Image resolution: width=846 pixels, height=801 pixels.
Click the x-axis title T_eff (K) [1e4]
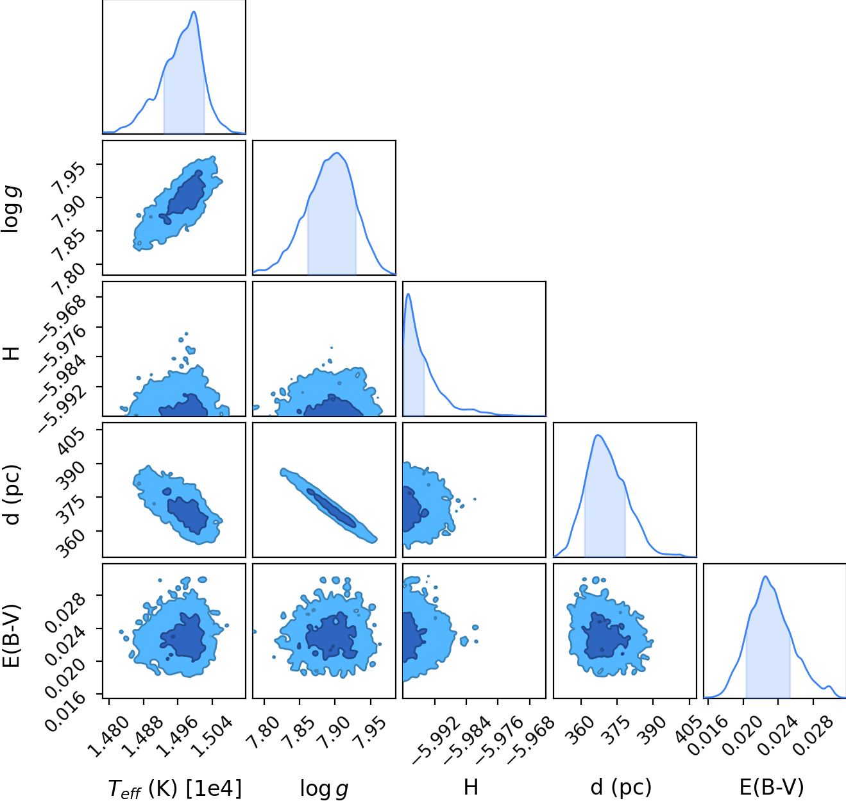[174, 789]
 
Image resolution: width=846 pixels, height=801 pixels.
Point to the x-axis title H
[471, 788]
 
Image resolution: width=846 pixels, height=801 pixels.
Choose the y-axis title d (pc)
[11, 494]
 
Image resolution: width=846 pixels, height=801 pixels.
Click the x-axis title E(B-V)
[772, 788]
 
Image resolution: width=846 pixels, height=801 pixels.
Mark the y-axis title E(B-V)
[11, 636]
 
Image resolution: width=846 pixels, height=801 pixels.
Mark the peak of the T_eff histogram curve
[194, 12]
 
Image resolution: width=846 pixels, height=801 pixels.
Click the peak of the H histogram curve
[408, 294]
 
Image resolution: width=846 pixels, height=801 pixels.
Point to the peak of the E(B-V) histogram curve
[766, 577]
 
